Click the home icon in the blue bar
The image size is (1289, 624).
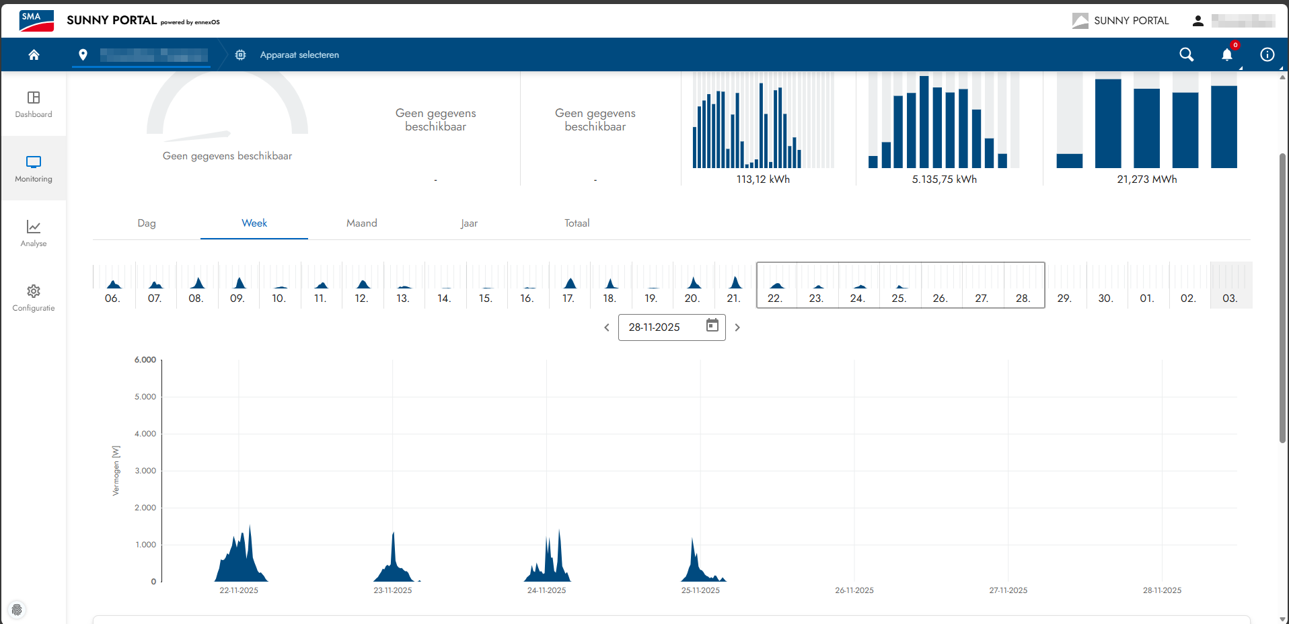[x=34, y=54]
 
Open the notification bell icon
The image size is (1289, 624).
[x=1226, y=55]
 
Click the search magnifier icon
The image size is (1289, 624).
[x=1186, y=54]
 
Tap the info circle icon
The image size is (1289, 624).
[x=1267, y=54]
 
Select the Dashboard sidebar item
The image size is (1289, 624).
[x=34, y=104]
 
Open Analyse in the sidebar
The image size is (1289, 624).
[x=34, y=233]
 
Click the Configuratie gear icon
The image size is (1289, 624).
[x=34, y=291]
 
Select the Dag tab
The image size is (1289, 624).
[x=147, y=223]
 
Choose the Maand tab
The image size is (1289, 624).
[x=361, y=223]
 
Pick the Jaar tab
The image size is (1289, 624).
[x=469, y=223]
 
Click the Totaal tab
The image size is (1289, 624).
[x=577, y=223]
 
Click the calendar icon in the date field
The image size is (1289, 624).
[x=712, y=326]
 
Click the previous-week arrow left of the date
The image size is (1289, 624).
[x=607, y=327]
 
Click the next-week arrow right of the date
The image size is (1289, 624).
[x=737, y=327]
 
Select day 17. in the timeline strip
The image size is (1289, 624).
[x=569, y=298]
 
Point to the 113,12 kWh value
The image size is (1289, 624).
[x=763, y=180]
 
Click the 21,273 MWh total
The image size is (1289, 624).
[x=1147, y=180]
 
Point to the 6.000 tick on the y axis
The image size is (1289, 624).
[x=145, y=360]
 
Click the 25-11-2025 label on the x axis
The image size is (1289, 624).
[x=700, y=590]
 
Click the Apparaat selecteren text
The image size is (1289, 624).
[x=299, y=55]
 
